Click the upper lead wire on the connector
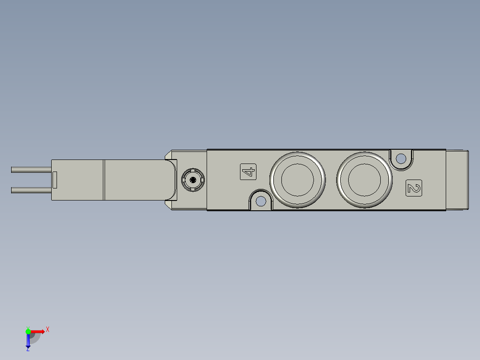point(31,169)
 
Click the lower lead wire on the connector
point(31,190)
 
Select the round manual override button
point(193,180)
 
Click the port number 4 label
point(248,172)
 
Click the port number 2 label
point(414,188)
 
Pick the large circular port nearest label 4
point(297,180)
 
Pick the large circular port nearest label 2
point(364,180)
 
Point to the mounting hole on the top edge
point(401,158)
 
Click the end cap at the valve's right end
point(457,180)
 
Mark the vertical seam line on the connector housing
point(104,180)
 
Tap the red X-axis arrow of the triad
point(38,331)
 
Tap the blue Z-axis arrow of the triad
point(28,341)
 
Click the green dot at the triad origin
point(28,331)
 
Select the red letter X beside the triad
point(48,330)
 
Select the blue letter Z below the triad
point(28,350)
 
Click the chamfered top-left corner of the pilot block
point(168,154)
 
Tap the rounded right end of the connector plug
point(173,180)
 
